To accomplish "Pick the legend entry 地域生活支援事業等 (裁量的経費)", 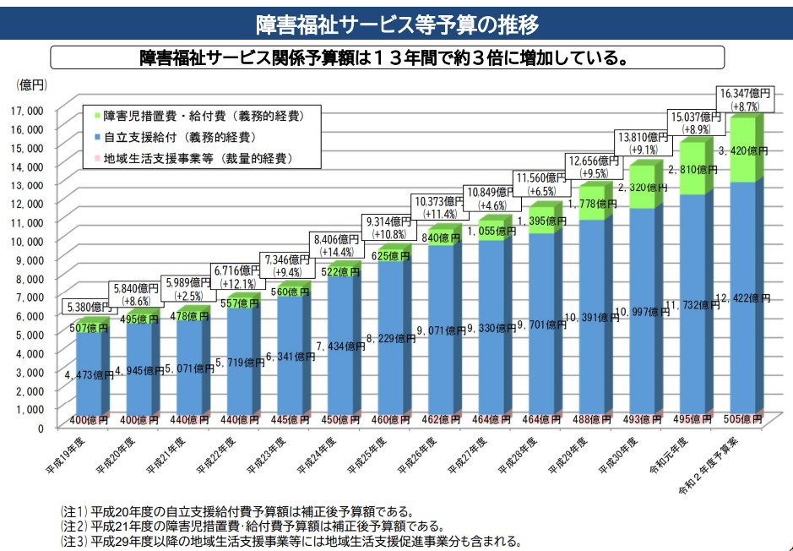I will [198, 158].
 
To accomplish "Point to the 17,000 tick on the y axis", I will [30, 110].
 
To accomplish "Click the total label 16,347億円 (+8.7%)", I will [744, 98].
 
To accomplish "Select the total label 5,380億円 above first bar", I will [87, 307].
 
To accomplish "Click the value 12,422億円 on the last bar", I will [743, 298].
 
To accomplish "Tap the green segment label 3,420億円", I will [741, 150].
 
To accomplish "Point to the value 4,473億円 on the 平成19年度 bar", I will [86, 374].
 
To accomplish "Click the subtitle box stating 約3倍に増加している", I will [387, 57].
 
